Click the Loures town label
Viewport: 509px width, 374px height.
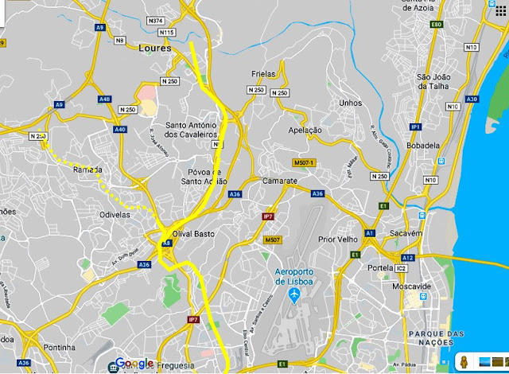[x=155, y=48]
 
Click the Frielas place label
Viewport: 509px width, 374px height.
[x=262, y=73]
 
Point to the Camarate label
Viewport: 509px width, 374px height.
[x=279, y=181]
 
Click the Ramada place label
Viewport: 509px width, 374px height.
[x=87, y=169]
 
